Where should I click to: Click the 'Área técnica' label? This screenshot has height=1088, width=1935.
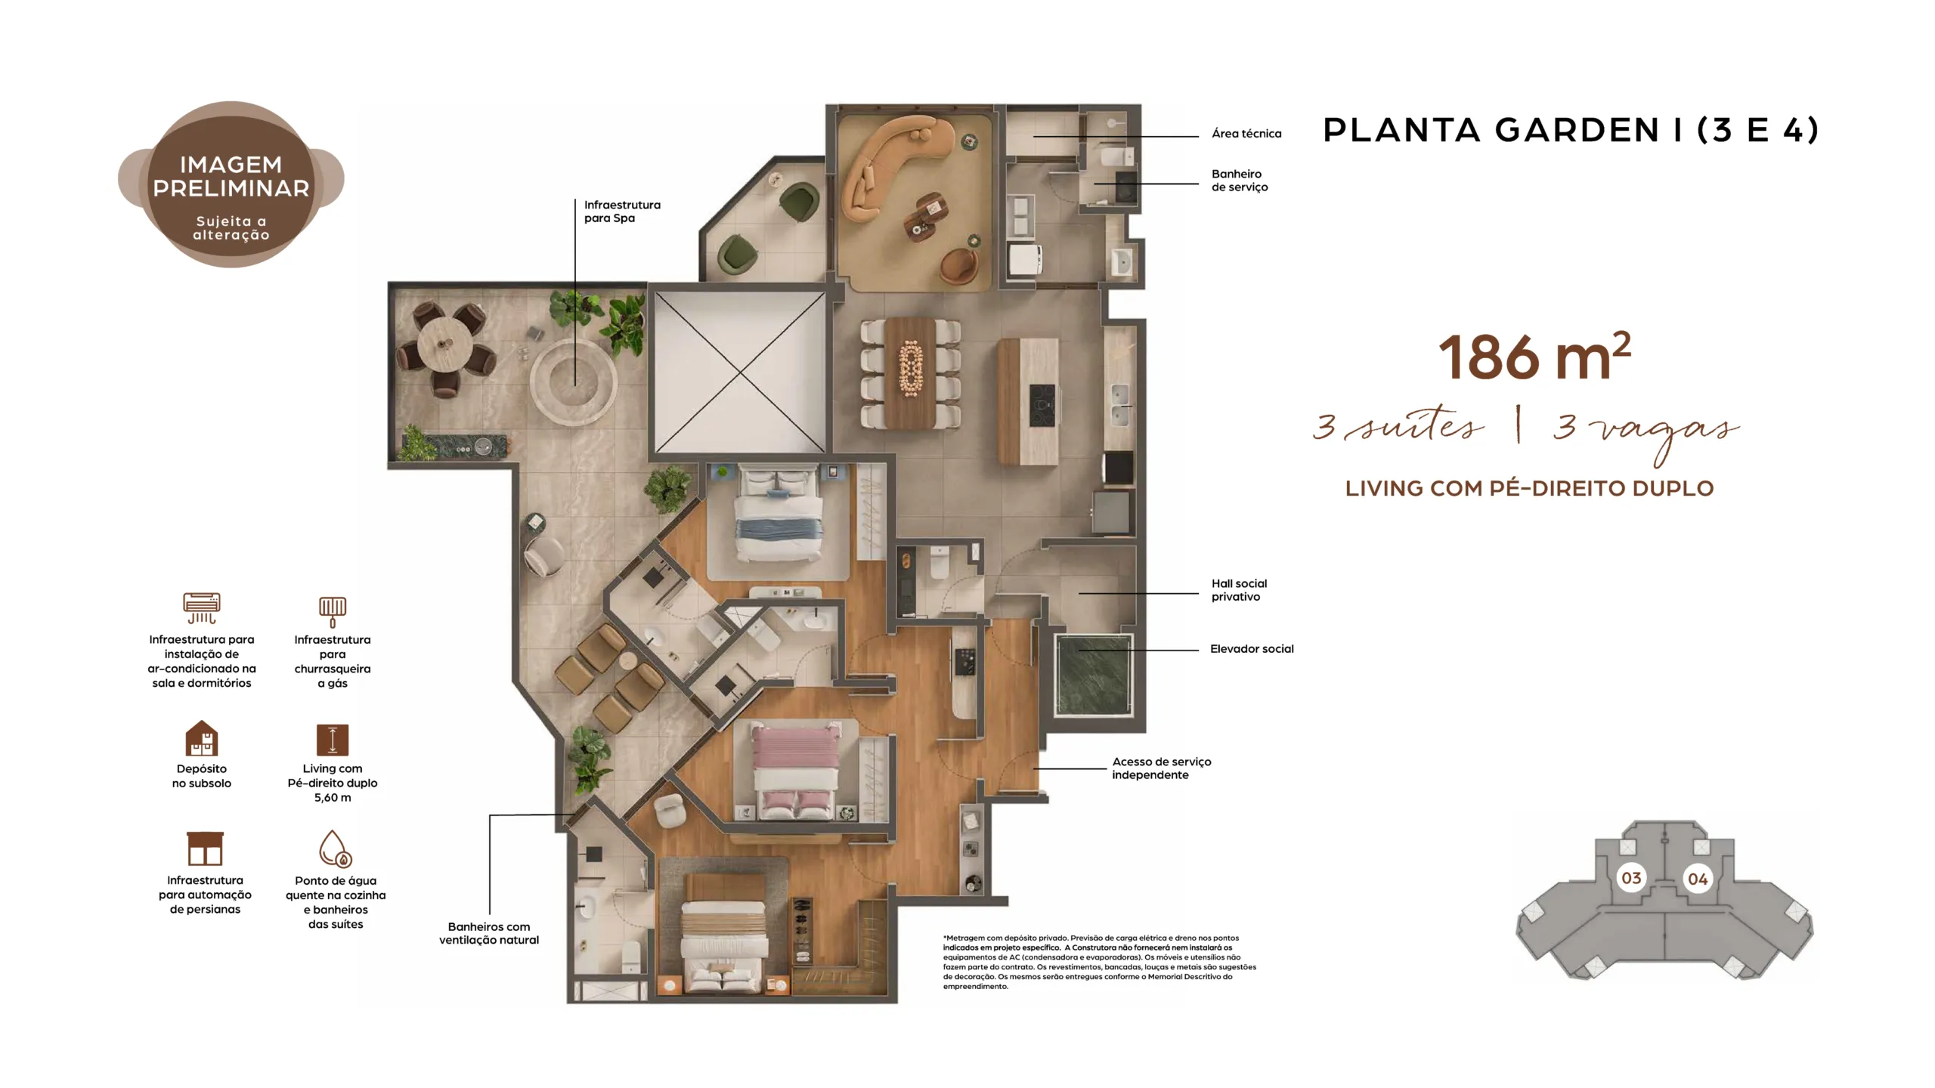click(x=1246, y=134)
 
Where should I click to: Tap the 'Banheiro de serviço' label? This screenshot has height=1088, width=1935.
click(x=1240, y=181)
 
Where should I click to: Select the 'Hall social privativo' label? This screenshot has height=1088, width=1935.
click(x=1239, y=590)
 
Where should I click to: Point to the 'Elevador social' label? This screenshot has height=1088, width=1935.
click(x=1252, y=649)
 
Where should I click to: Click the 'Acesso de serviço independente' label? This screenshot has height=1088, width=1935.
click(x=1161, y=768)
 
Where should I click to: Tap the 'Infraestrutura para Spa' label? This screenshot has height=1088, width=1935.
click(x=622, y=212)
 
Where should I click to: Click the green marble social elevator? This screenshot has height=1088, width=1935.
click(x=1093, y=675)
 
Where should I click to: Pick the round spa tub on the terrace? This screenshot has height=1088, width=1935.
click(x=574, y=380)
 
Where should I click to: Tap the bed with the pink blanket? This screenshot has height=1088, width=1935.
click(x=797, y=770)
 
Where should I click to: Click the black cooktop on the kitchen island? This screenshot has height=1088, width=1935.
click(x=1042, y=406)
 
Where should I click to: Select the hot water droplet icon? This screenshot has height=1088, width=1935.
click(x=334, y=848)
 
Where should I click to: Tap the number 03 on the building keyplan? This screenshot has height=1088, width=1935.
click(x=1631, y=879)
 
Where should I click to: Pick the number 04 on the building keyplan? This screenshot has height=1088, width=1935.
click(x=1698, y=879)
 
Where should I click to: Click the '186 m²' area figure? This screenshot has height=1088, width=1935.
click(x=1534, y=357)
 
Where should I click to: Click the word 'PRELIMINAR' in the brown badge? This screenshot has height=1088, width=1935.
click(x=231, y=189)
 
